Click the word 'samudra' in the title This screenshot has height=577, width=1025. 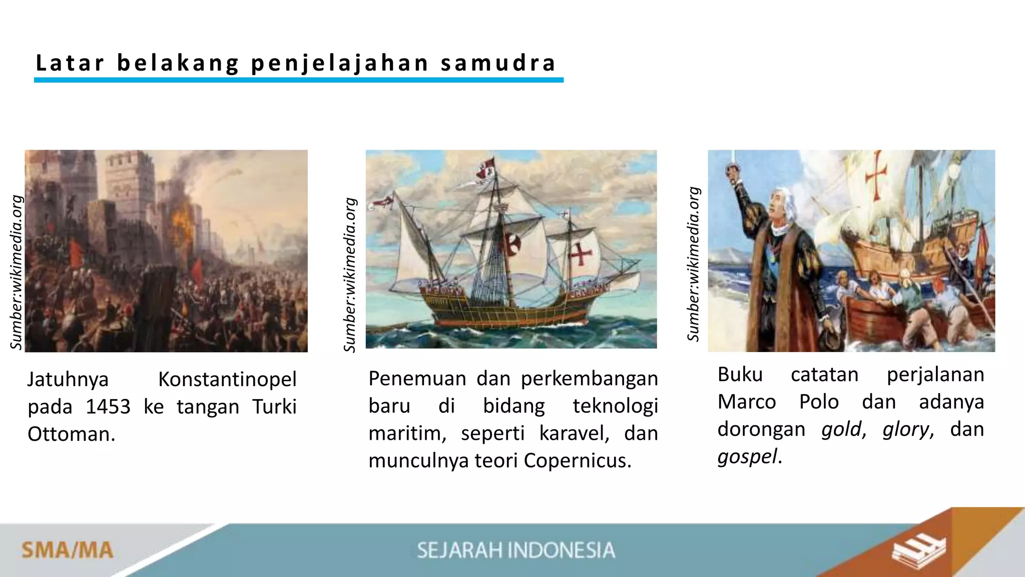(498, 63)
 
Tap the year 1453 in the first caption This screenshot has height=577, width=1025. (108, 407)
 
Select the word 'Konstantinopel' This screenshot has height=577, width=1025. (227, 380)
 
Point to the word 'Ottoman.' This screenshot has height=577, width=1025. (72, 434)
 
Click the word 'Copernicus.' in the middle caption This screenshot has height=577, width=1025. (578, 460)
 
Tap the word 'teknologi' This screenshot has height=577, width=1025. (615, 406)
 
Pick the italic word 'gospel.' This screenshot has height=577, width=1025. (750, 457)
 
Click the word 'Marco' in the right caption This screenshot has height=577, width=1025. (747, 402)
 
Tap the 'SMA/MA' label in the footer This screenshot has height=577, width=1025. (67, 550)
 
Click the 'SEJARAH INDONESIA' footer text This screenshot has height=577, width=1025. (516, 550)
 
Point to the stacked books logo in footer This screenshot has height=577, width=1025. (919, 551)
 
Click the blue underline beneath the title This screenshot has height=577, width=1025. (299, 80)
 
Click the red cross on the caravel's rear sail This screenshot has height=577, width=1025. (580, 254)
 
